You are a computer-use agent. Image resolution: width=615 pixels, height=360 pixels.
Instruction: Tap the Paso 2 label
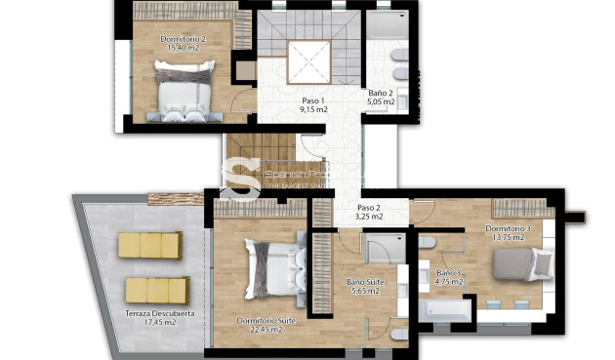[369, 212]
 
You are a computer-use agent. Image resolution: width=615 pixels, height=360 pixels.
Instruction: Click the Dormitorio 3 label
[509, 233]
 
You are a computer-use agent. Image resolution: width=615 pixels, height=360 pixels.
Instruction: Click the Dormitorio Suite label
[259, 324]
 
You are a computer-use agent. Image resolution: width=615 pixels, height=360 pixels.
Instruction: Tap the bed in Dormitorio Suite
[270, 269]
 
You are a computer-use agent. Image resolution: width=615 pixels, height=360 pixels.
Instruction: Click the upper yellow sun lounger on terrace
[150, 245]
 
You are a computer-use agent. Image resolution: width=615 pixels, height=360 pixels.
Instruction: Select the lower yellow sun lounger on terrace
[156, 290]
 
